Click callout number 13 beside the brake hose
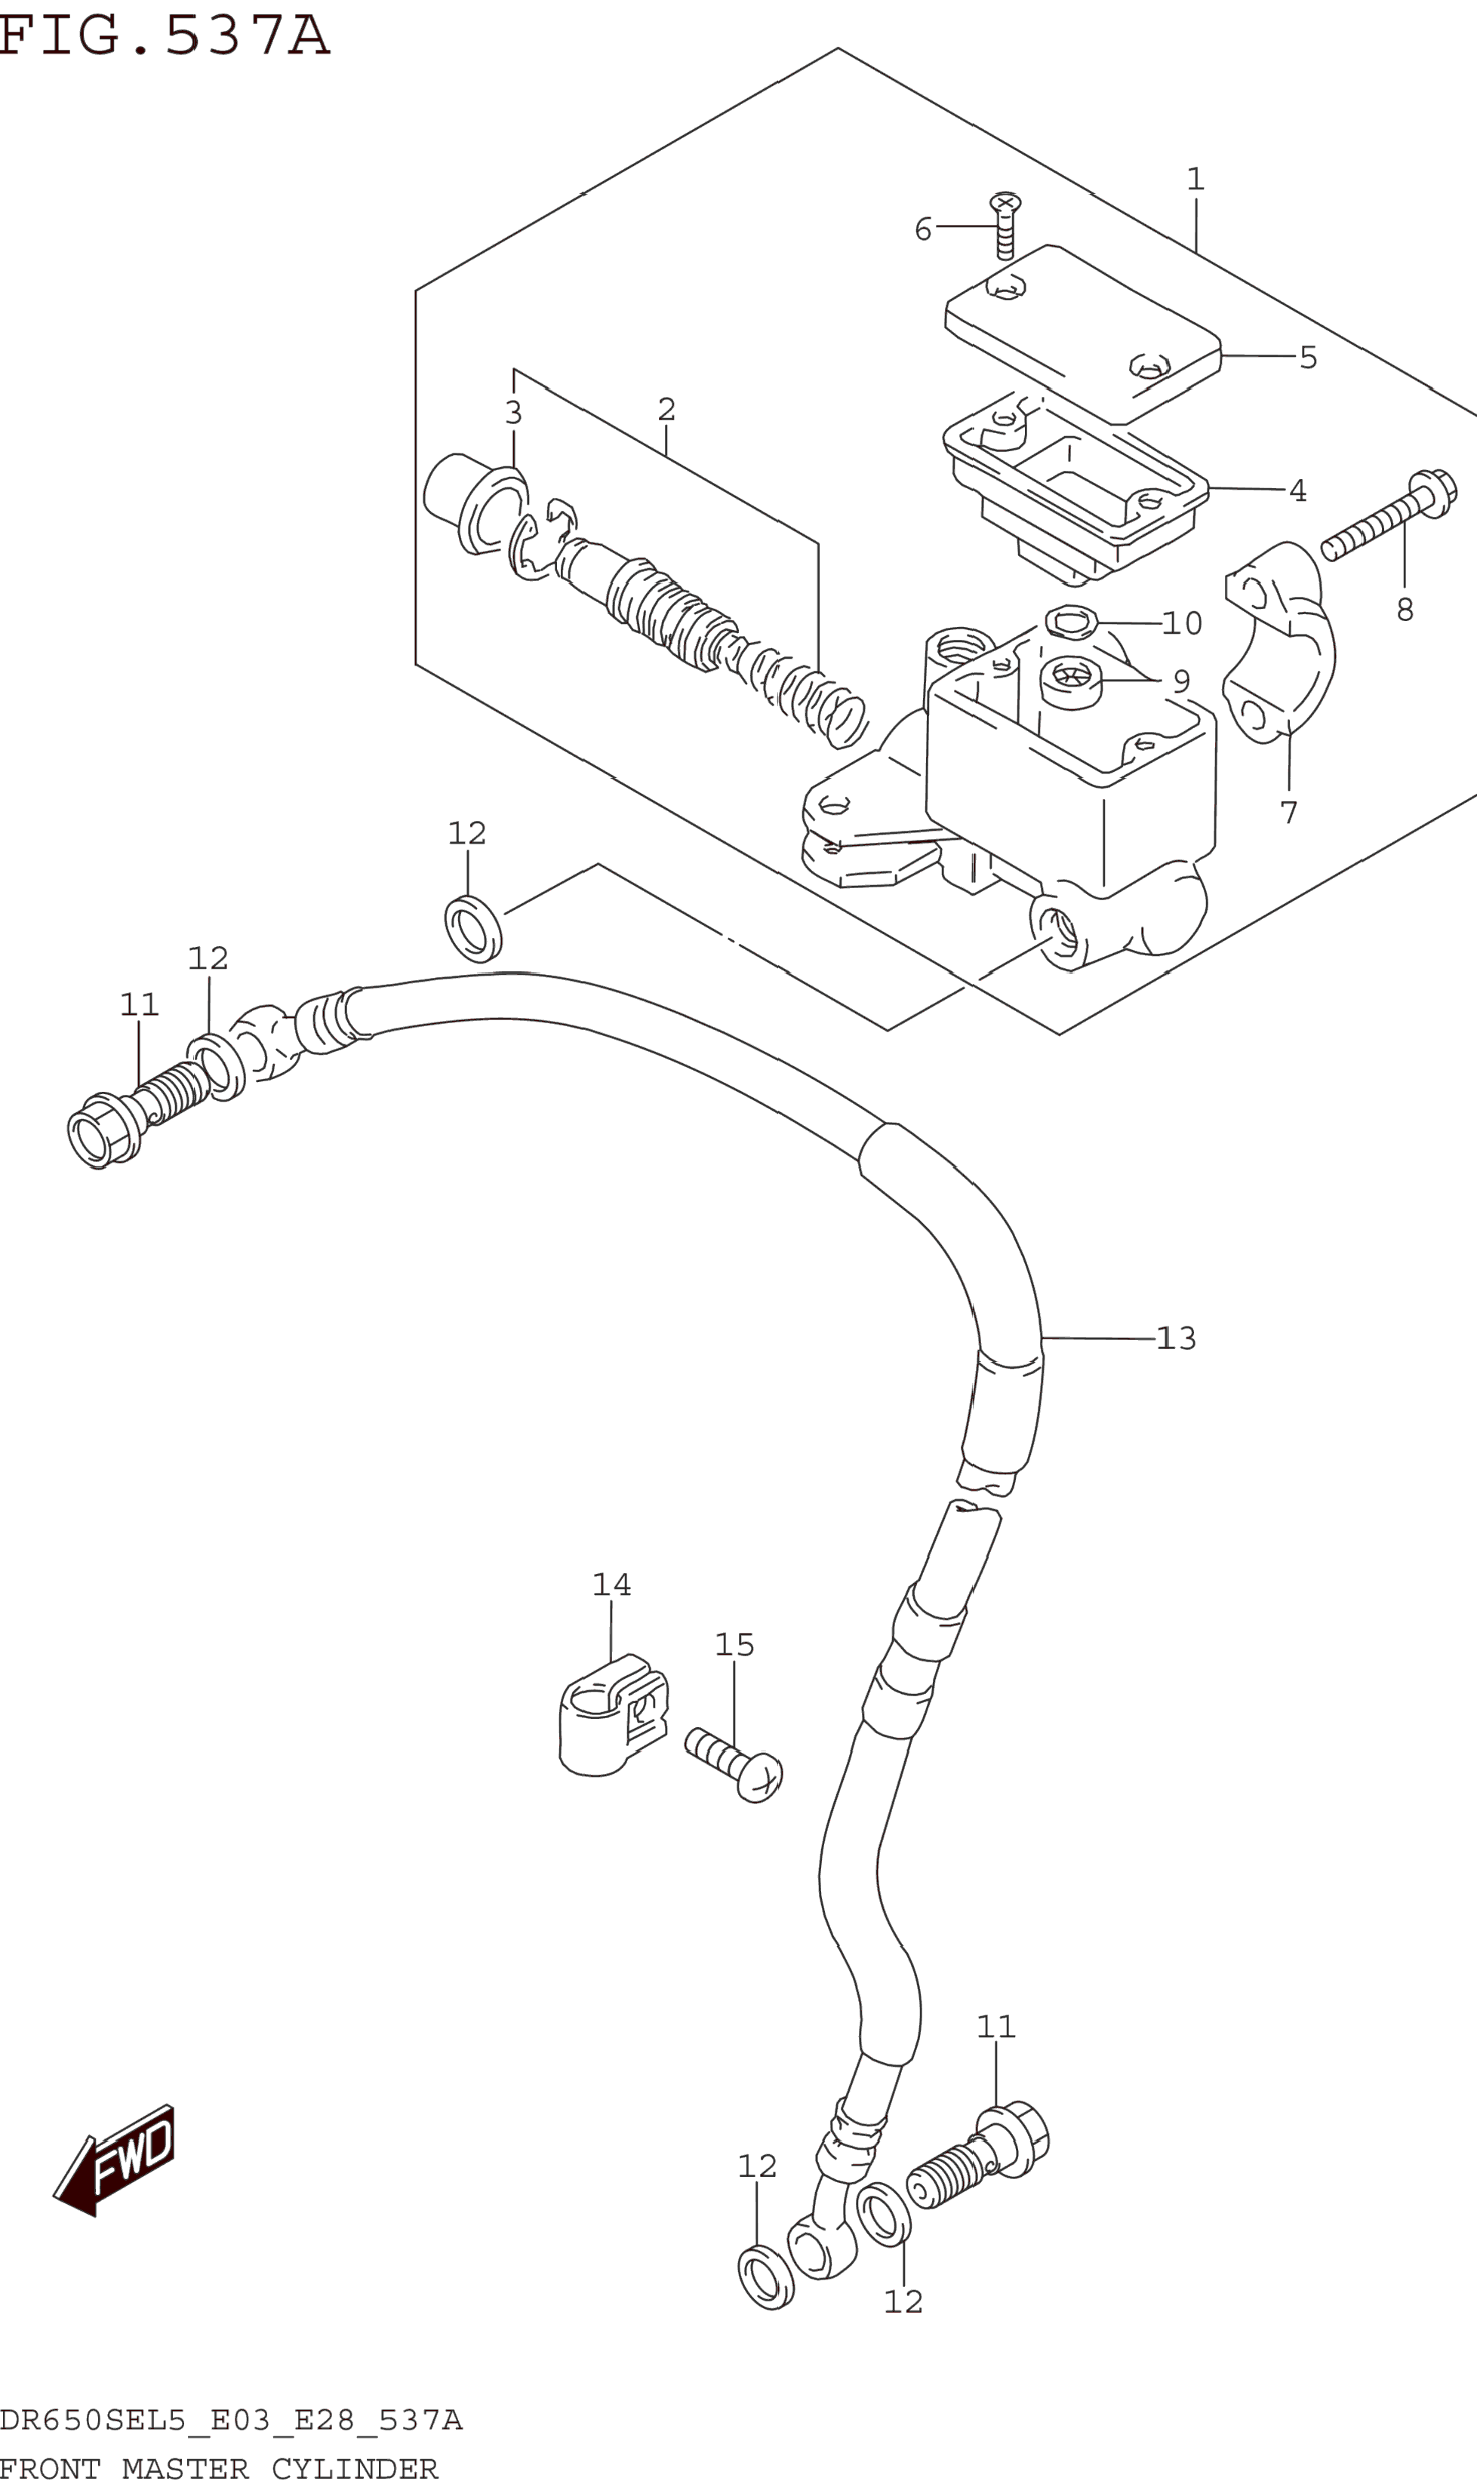click(x=1177, y=1339)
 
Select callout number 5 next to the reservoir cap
click(x=1308, y=357)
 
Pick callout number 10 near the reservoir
click(x=1183, y=624)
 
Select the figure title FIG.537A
click(x=165, y=35)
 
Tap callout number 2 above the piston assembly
click(x=667, y=409)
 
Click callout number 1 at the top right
click(x=1195, y=179)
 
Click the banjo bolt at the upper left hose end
click(x=137, y=1116)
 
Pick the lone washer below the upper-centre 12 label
click(x=472, y=929)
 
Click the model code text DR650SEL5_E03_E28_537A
click(x=231, y=2421)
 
